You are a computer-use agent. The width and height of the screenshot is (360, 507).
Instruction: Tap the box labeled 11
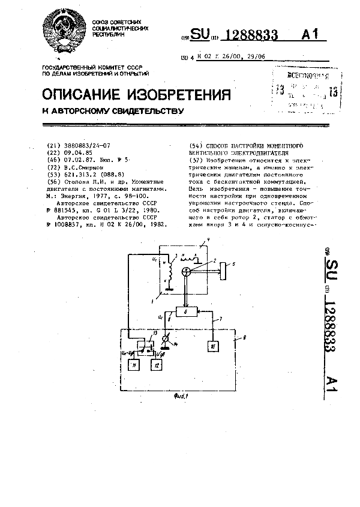[136, 365]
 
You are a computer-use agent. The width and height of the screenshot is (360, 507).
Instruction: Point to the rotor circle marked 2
[187, 271]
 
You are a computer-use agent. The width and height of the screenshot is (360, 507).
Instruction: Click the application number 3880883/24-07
[82, 146]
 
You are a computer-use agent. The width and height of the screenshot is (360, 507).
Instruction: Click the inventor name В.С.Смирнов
[84, 169]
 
